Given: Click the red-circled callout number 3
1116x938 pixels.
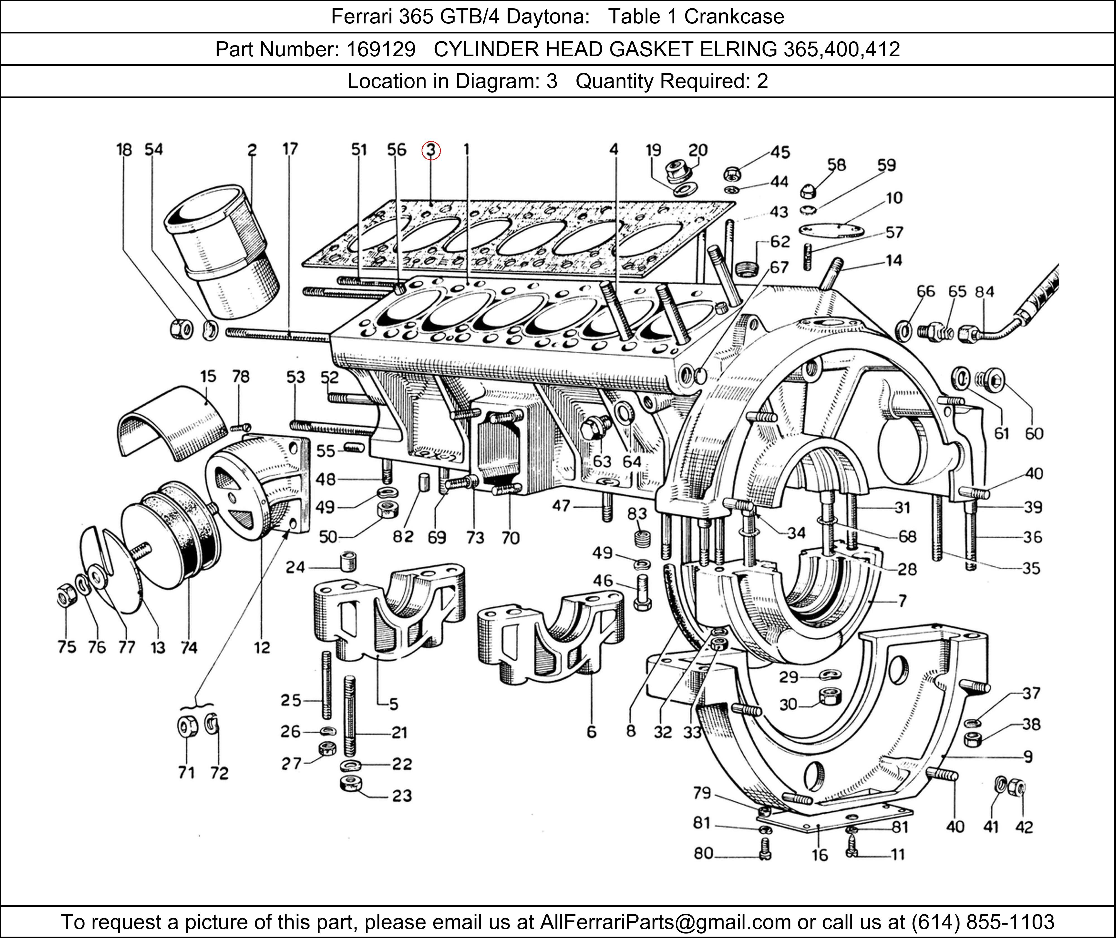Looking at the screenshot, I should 431,151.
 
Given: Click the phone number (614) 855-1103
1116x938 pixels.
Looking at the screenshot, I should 982,922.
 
